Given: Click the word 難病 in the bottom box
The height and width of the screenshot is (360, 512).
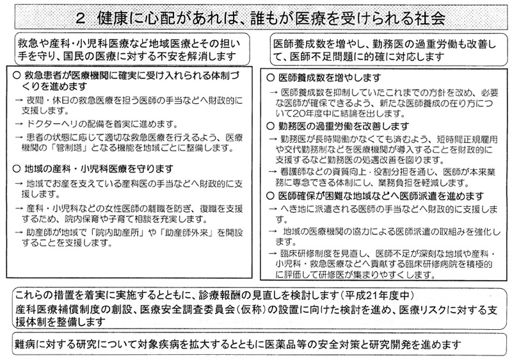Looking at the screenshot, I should [x=26, y=342].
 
